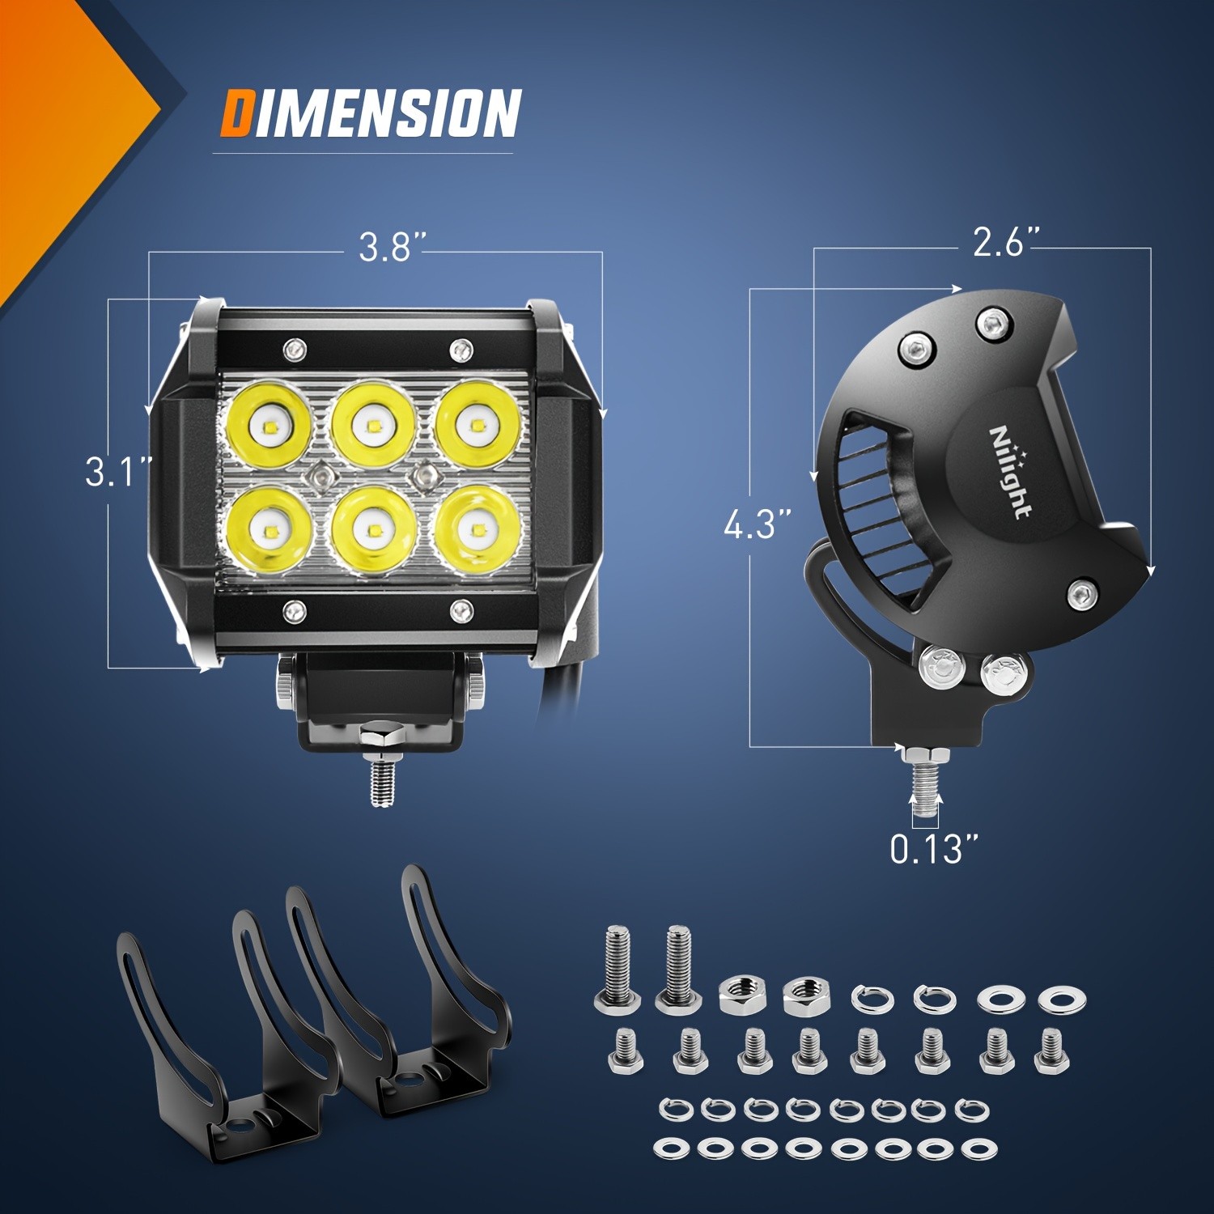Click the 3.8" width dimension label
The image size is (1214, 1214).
tap(392, 247)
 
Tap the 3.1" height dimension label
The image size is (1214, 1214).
tap(118, 472)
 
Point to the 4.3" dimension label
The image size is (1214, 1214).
tap(757, 524)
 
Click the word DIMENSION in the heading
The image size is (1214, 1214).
tap(371, 113)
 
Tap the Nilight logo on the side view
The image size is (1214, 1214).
tap(1010, 471)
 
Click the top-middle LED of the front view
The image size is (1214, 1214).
tap(373, 424)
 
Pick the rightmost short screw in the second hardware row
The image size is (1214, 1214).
tap(1051, 1051)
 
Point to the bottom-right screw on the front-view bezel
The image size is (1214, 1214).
tap(461, 611)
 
